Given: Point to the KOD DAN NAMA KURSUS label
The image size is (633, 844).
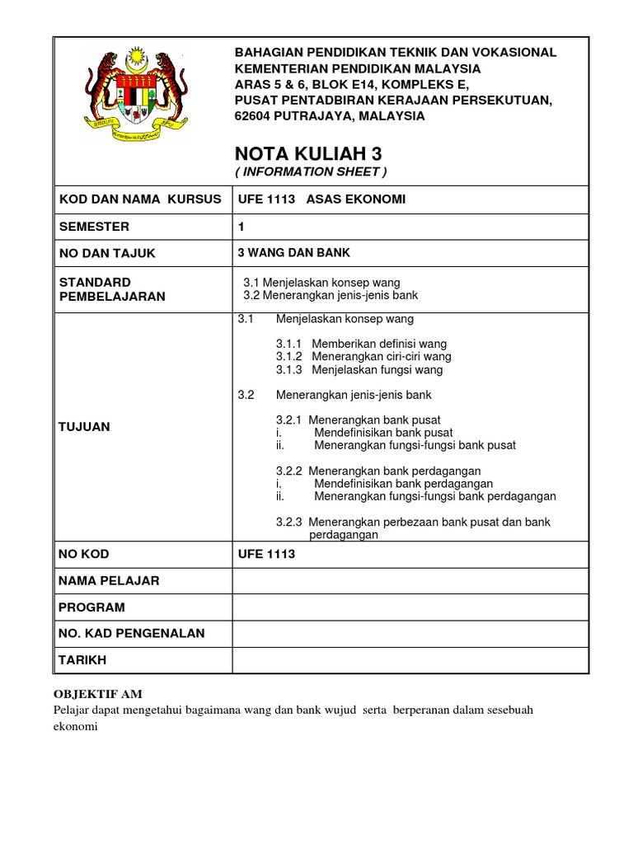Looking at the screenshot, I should coord(140,199).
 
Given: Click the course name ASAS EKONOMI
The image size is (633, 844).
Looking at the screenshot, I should coord(355,199).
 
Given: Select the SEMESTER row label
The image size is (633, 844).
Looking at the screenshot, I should coord(93,227).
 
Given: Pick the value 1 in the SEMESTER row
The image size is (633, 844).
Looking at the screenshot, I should coord(241,227).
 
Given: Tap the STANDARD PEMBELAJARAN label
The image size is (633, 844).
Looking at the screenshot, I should coord(111,289).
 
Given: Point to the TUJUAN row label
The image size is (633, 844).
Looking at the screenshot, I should coord(84,426).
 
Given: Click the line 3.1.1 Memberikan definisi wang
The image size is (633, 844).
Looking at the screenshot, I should coord(361,344).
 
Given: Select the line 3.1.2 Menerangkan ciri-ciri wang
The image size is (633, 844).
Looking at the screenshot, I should coord(363,357).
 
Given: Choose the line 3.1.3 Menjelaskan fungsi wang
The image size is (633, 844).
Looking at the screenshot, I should coord(359,370).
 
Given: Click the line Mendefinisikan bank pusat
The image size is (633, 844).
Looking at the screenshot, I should coord(383,432).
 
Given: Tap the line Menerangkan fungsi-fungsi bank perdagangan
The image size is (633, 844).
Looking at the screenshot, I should coord(435,496).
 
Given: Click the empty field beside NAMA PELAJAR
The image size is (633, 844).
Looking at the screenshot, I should coord(410,580).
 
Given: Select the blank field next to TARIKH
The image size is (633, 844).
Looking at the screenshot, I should coord(410,660).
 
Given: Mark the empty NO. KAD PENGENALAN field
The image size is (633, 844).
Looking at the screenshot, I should coord(410,633).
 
